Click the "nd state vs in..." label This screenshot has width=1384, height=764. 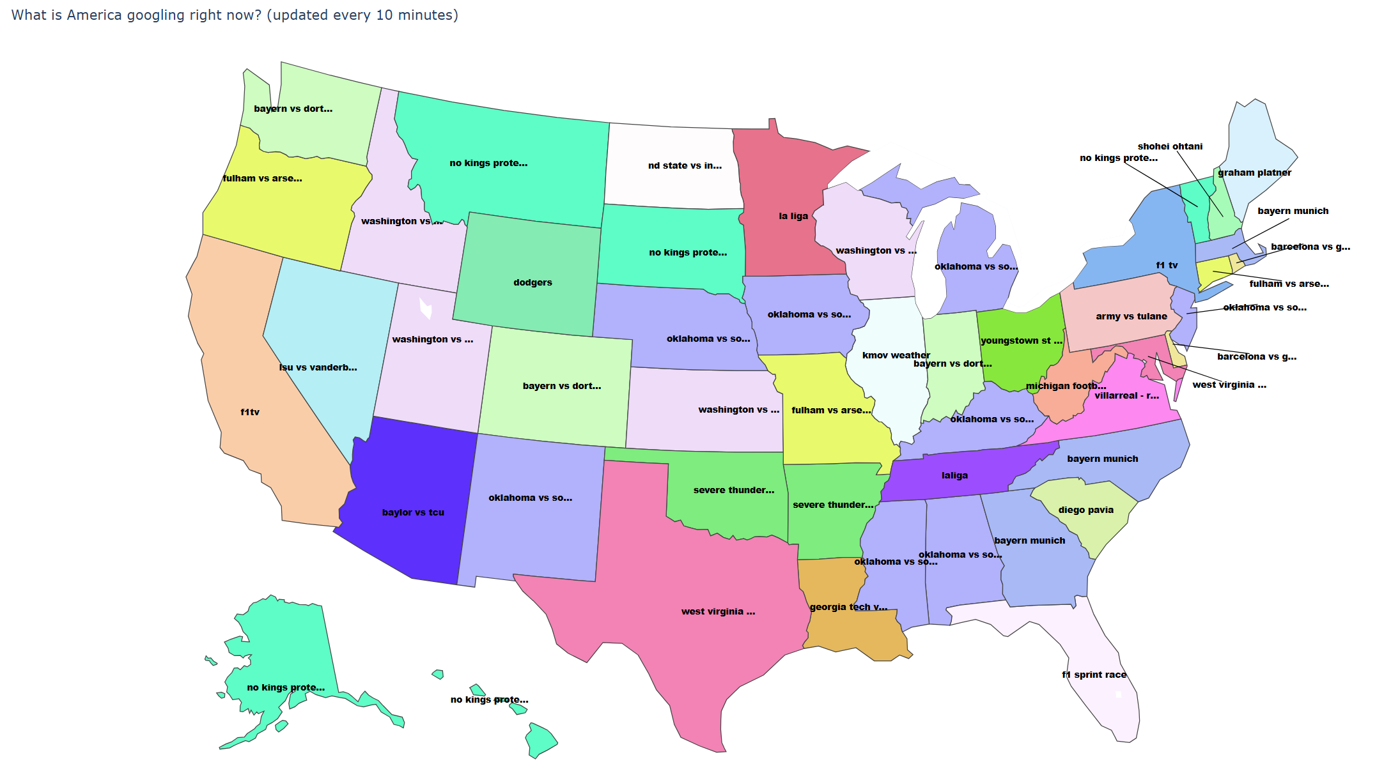685,166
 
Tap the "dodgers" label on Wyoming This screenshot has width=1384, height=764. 533,282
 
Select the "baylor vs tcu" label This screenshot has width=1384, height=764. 413,512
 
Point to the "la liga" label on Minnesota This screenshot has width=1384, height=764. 793,216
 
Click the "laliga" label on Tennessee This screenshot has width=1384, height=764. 954,475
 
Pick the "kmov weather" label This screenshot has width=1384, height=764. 896,355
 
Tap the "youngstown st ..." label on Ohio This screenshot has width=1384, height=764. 1022,340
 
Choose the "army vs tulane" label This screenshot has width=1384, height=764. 1131,316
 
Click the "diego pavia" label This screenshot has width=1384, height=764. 1085,510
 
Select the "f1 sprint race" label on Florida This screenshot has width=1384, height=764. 1094,675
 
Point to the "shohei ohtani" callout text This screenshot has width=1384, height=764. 1170,146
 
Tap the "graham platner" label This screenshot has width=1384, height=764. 1254,172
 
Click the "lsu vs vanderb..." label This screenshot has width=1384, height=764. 318,367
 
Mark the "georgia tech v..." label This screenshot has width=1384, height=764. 848,607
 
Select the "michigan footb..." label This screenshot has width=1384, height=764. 1066,386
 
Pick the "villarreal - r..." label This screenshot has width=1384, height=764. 1126,395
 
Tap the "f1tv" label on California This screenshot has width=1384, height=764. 250,412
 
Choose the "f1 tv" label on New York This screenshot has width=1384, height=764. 1167,265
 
